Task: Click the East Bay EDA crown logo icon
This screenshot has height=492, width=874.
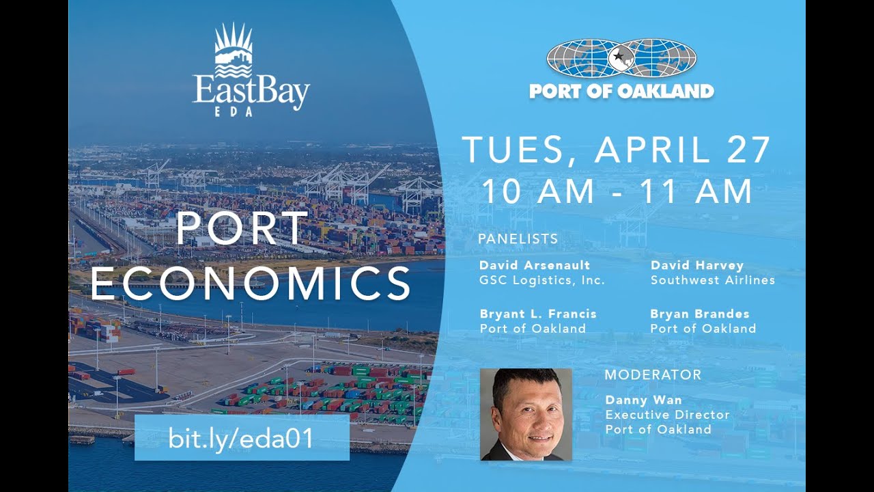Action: coord(234,51)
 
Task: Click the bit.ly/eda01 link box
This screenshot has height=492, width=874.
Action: coord(242,438)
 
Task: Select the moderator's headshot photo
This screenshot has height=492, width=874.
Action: coord(526,414)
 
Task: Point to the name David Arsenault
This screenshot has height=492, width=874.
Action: coord(535,265)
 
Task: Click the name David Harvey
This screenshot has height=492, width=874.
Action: coord(696,265)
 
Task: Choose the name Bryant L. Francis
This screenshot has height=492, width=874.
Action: coord(538,314)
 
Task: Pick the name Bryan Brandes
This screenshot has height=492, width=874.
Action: coord(699,314)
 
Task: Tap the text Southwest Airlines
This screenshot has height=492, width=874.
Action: coord(712,280)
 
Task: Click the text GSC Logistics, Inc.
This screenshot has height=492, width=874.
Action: coord(542,280)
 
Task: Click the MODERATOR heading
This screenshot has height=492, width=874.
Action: coord(653,374)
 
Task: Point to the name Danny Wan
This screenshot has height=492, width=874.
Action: coord(634,400)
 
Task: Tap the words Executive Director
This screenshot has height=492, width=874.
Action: coord(667,415)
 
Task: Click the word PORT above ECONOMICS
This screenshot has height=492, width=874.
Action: coord(242,229)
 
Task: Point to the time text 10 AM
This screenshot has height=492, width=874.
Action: coord(537,191)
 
